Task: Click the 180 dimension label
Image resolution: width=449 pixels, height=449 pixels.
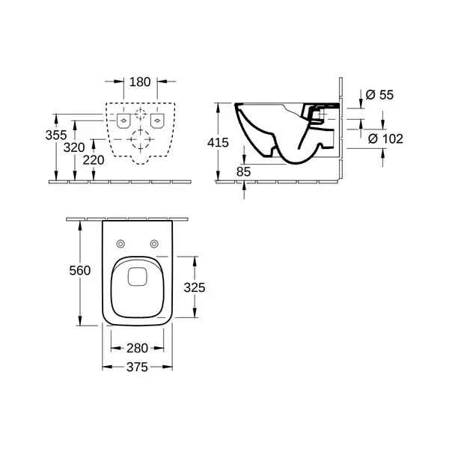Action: pos(140,82)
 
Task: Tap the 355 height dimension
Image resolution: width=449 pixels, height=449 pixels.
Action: pos(56,135)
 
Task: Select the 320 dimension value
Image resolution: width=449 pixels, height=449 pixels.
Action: pos(74,147)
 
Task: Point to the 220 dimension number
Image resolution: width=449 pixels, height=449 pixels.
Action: pos(94,160)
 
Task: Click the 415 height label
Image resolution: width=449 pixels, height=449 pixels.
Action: pos(219,143)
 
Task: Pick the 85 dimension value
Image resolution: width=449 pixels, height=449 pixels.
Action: pos(244,172)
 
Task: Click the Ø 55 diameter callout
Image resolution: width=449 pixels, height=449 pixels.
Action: pos(379,95)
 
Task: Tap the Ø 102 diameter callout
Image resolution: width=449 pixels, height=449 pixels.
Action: pos(385,139)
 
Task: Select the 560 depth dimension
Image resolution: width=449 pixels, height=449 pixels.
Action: pos(80,271)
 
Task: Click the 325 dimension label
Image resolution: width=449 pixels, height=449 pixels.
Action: pos(195,288)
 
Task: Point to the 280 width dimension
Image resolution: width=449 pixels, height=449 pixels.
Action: pos(138,349)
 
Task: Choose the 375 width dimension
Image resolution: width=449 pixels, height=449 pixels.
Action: pos(138,367)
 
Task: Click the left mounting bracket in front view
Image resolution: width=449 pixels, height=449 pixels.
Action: pos(123,120)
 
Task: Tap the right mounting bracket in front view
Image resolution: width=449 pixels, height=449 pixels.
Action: pos(157,120)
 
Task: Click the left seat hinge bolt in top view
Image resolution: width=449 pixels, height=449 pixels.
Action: pos(120,244)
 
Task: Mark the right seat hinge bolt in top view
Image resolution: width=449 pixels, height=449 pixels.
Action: pos(154,244)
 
